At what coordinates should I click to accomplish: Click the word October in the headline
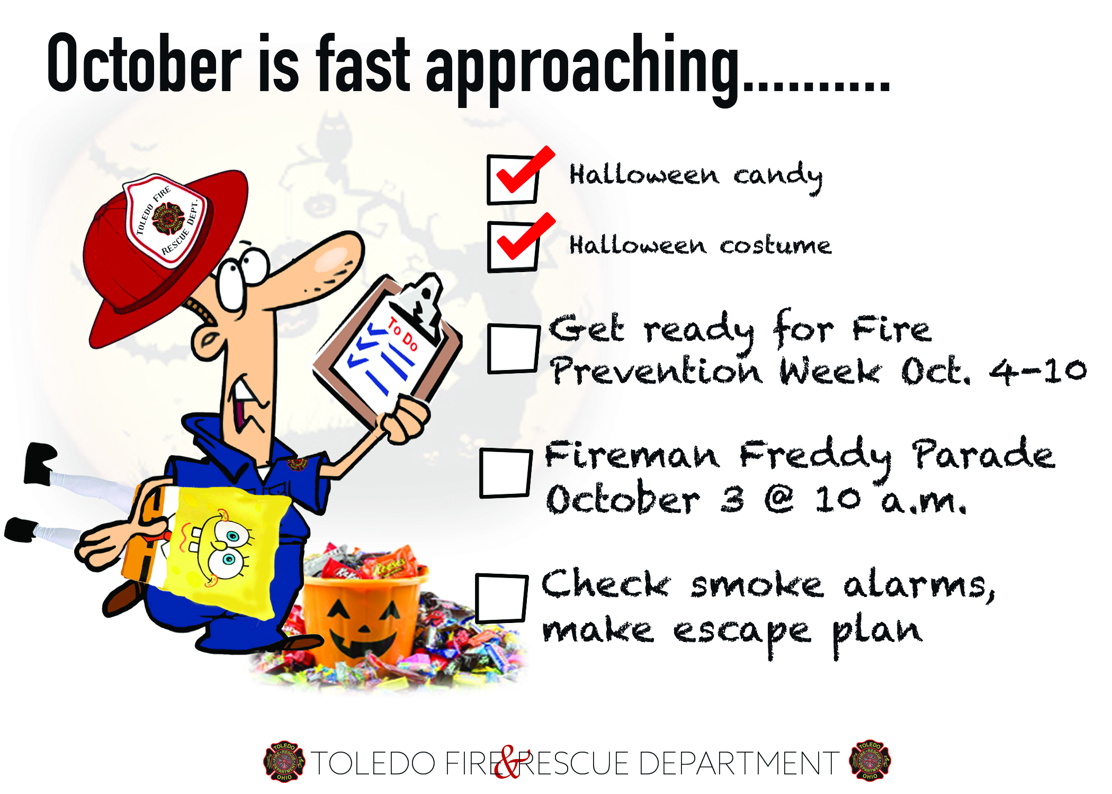[144, 63]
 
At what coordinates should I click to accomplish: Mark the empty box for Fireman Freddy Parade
[506, 473]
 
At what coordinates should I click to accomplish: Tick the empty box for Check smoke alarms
[501, 598]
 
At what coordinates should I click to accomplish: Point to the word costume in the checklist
[775, 246]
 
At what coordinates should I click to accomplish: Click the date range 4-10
[1038, 371]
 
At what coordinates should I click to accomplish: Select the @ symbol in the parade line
[779, 499]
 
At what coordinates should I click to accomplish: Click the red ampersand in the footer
[509, 762]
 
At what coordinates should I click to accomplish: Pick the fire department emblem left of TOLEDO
[284, 762]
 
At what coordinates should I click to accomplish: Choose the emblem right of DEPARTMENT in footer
[870, 761]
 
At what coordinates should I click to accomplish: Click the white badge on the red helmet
[165, 220]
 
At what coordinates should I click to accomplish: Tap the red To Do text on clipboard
[402, 334]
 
